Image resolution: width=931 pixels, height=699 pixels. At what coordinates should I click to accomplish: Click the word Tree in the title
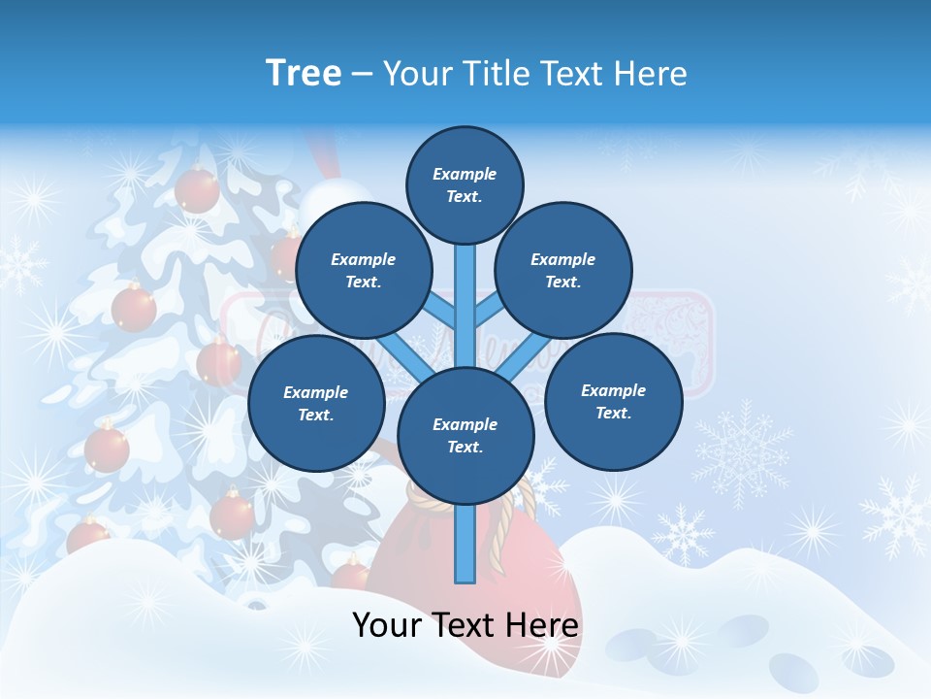pyautogui.click(x=303, y=73)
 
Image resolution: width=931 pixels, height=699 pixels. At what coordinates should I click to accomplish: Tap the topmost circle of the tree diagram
pyautogui.click(x=465, y=184)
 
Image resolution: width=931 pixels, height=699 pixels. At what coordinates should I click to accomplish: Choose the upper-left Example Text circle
pyautogui.click(x=363, y=270)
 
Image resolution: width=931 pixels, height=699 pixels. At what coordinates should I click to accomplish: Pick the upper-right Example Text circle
pyautogui.click(x=562, y=270)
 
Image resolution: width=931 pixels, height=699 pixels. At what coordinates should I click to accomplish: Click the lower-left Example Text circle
pyautogui.click(x=315, y=403)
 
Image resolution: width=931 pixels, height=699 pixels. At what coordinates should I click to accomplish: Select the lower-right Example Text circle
pyautogui.click(x=613, y=401)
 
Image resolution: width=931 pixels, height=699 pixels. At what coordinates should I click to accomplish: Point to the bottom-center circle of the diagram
pyautogui.click(x=465, y=435)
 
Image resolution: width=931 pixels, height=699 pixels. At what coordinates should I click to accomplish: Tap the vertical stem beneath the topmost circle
pyautogui.click(x=465, y=291)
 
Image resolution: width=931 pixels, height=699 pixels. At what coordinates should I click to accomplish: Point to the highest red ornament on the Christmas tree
pyautogui.click(x=197, y=189)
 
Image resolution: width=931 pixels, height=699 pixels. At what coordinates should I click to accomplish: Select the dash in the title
pyautogui.click(x=363, y=74)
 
